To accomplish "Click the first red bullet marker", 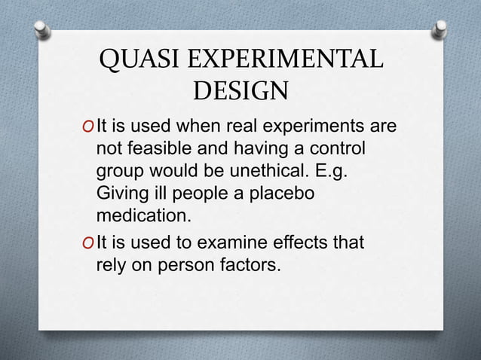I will [90, 125].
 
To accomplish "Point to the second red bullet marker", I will [90, 243].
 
